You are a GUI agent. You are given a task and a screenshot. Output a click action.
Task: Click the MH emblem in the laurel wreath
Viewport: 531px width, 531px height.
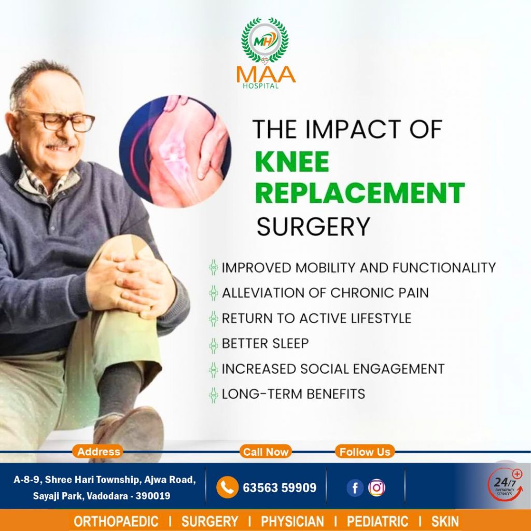[265, 40]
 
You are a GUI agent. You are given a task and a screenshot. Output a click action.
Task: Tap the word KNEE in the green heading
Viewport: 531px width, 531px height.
[292, 162]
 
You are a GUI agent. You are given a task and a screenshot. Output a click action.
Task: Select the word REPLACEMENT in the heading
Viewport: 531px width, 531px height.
[360, 193]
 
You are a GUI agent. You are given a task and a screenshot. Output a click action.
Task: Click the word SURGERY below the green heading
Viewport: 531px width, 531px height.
[313, 227]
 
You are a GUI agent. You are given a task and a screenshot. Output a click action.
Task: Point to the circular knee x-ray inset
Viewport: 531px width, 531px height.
[175, 151]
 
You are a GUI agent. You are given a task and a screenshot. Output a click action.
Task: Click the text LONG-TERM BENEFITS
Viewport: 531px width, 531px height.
[294, 394]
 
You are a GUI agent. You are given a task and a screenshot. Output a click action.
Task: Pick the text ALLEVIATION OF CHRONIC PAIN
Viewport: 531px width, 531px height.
[325, 293]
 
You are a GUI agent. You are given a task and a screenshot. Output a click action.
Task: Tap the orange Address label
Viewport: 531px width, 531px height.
[98, 452]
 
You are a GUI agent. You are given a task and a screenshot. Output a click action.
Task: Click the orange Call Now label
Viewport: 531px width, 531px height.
[265, 452]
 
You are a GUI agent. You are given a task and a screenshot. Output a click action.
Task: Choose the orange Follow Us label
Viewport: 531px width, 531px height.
[365, 452]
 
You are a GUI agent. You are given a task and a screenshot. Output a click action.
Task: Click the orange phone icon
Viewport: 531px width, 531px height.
[227, 487]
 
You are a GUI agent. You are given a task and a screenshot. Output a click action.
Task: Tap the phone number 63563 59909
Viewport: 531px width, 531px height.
[280, 487]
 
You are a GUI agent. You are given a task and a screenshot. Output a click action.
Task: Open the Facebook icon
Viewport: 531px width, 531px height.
[355, 488]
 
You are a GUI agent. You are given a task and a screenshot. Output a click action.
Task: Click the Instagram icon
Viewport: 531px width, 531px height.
[376, 488]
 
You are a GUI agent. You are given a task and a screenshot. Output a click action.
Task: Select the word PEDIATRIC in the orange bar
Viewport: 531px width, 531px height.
[378, 522]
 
